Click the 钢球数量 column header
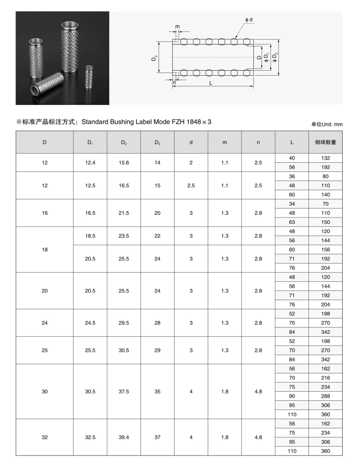(325, 142)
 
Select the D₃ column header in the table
(157, 142)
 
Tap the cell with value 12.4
(90, 163)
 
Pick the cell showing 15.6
(124, 163)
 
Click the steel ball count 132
(325, 158)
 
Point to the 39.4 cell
(124, 437)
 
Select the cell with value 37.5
(124, 391)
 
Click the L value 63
(292, 222)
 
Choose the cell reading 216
(325, 378)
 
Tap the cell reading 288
(325, 396)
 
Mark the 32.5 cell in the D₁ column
(90, 437)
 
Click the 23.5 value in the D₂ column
(124, 236)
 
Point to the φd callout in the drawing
(248, 20)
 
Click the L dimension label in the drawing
(211, 83)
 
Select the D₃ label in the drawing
(155, 58)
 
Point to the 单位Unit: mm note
(327, 124)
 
